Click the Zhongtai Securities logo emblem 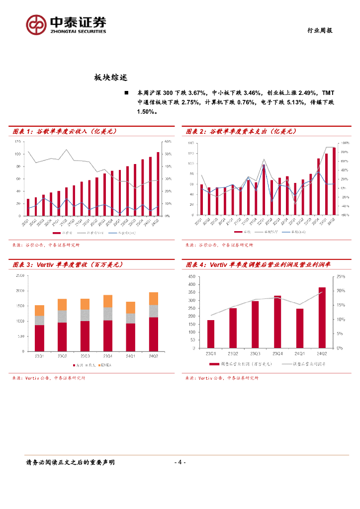pos(36,24)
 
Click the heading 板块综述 pos(111,78)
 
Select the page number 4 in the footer pos(180,462)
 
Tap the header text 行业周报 pos(318,30)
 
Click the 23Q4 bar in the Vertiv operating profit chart pos(277,322)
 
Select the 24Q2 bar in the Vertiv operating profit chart pos(322,318)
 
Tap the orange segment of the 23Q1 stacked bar pos(39,310)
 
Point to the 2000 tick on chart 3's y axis pos(20,291)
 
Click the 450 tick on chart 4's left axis pos(191,276)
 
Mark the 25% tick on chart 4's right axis pos(341,276)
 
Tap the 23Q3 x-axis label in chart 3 pos(85,355)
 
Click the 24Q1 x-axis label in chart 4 pos(299,353)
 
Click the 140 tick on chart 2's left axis pos(191,143)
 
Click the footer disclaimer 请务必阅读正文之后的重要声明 pos(70,462)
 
